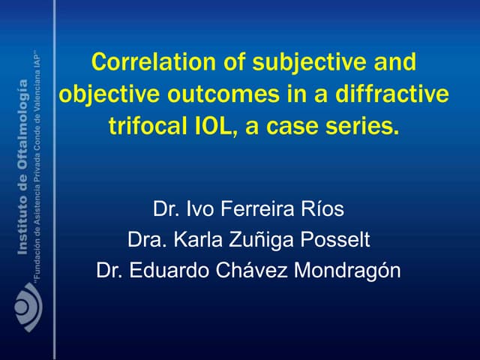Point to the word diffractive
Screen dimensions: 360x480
[392, 94]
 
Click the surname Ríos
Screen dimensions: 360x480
[324, 208]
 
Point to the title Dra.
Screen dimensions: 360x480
[145, 240]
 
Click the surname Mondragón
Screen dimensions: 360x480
[348, 270]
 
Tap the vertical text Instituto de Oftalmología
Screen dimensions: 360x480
[22, 172]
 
